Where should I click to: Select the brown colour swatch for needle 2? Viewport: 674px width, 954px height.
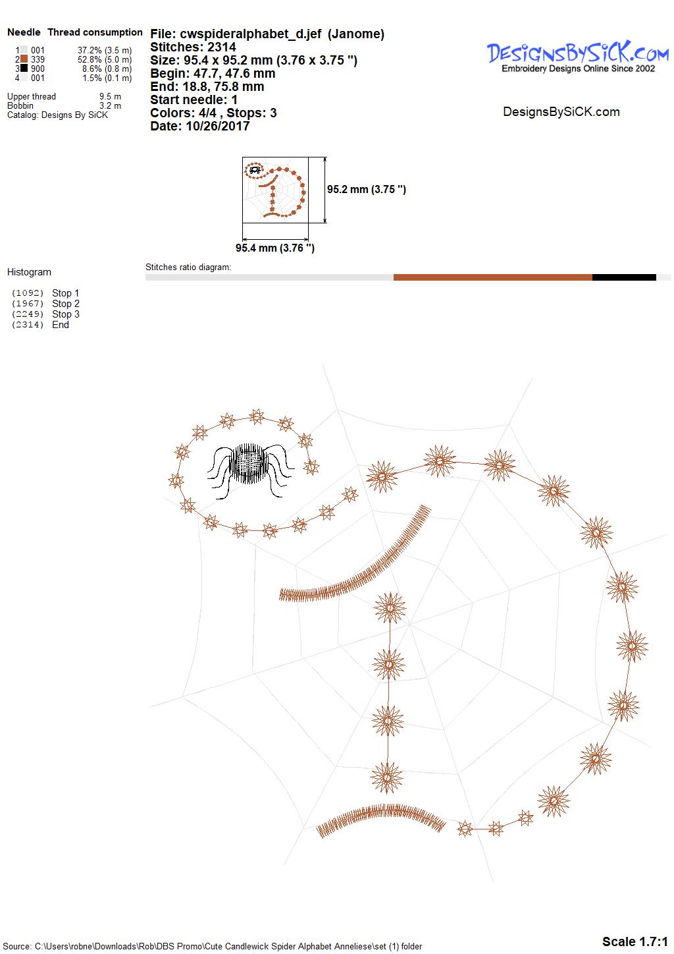[24, 59]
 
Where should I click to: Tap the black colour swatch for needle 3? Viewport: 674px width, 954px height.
[24, 68]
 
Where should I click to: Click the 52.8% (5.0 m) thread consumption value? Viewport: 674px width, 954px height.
[105, 59]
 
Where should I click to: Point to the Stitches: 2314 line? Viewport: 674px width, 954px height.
[193, 47]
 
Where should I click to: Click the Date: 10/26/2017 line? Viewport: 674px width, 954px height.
[199, 126]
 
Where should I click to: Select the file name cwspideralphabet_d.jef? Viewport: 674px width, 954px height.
[251, 34]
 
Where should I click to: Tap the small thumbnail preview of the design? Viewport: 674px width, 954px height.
[275, 190]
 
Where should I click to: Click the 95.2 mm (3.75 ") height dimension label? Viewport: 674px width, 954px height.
[367, 190]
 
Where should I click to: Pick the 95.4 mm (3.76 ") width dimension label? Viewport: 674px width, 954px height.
[275, 248]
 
